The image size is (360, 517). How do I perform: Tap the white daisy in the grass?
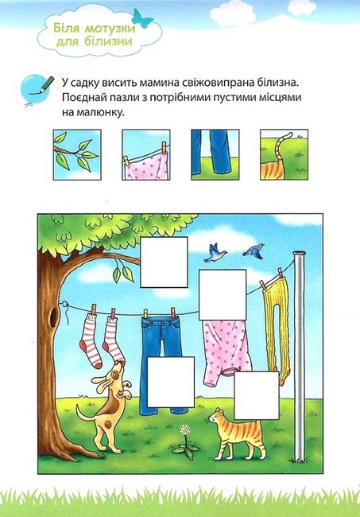(185, 431)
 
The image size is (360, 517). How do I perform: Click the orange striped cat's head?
(218, 420)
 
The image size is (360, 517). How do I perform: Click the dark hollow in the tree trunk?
(55, 314)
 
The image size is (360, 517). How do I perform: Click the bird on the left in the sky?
(215, 253)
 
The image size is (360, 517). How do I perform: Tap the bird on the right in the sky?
(254, 251)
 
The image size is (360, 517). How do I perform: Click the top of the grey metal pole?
(299, 255)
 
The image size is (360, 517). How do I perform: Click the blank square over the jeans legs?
(170, 379)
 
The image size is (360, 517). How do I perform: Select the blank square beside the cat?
(257, 395)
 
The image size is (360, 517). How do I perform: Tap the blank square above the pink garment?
(222, 294)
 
